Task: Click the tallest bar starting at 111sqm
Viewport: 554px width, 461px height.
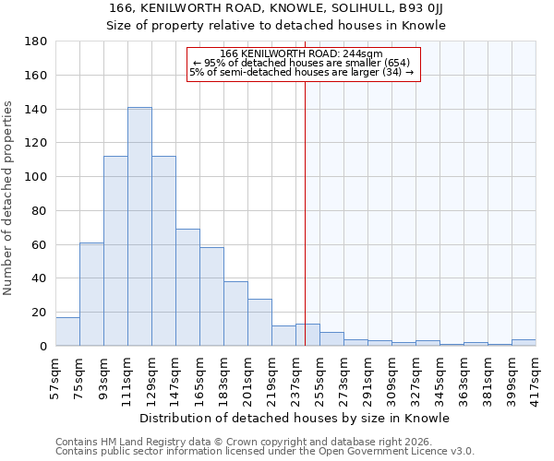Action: pyautogui.click(x=139, y=227)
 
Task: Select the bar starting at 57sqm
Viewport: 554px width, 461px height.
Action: pyautogui.click(x=67, y=331)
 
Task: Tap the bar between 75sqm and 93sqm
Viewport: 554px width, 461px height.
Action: pyautogui.click(x=91, y=294)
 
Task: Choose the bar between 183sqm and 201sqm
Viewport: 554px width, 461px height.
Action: pyautogui.click(x=235, y=313)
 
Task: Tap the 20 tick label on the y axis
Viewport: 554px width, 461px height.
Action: pyautogui.click(x=40, y=313)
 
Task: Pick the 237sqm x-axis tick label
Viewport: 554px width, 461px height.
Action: pyautogui.click(x=295, y=373)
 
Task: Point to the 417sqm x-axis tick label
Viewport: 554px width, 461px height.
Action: pyautogui.click(x=536, y=373)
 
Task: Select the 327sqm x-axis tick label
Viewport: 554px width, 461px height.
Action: pyautogui.click(x=415, y=373)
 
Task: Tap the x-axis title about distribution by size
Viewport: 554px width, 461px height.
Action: pyautogui.click(x=295, y=418)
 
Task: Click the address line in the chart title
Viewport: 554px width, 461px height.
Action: pyautogui.click(x=276, y=8)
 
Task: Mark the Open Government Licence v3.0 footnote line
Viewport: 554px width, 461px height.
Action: pyautogui.click(x=264, y=451)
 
